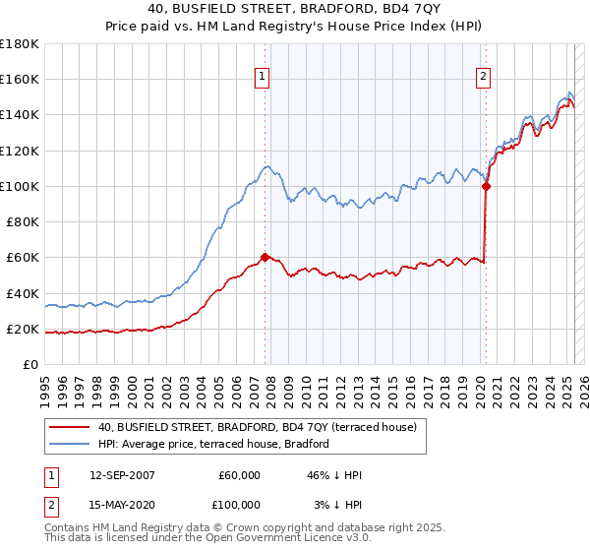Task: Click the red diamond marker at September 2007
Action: pyautogui.click(x=265, y=257)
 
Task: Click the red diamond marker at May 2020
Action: pyautogui.click(x=486, y=185)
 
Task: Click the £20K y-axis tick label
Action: pyautogui.click(x=23, y=329)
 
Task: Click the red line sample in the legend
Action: pyautogui.click(x=70, y=427)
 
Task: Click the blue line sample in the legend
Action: pyautogui.click(x=70, y=444)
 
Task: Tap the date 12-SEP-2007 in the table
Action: pyautogui.click(x=122, y=475)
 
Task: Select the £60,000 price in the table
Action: pyautogui.click(x=239, y=475)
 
